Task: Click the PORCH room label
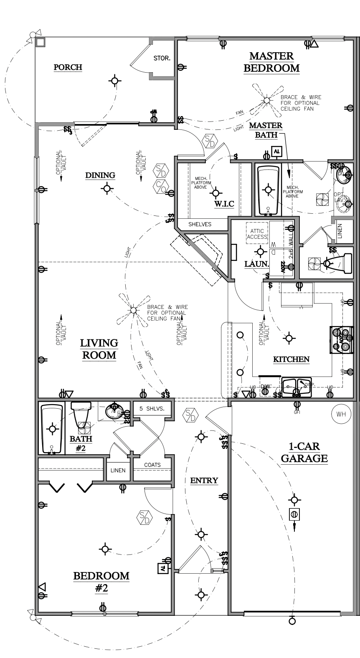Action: pos(68,67)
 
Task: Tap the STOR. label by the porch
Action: pos(162,58)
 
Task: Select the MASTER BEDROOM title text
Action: pos(271,62)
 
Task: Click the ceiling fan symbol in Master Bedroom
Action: pos(266,100)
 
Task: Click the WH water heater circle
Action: pos(341,414)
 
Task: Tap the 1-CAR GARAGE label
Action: pos(304,452)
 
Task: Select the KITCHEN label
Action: pos(291,359)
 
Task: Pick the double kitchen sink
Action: pos(296,387)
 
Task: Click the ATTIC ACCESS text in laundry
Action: pos(257,234)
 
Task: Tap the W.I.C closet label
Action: pos(224,204)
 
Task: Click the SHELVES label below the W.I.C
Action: pos(200,224)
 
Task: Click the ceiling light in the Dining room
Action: pos(107,189)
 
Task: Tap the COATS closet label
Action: pos(152,465)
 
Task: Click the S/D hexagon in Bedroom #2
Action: pos(144,518)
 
